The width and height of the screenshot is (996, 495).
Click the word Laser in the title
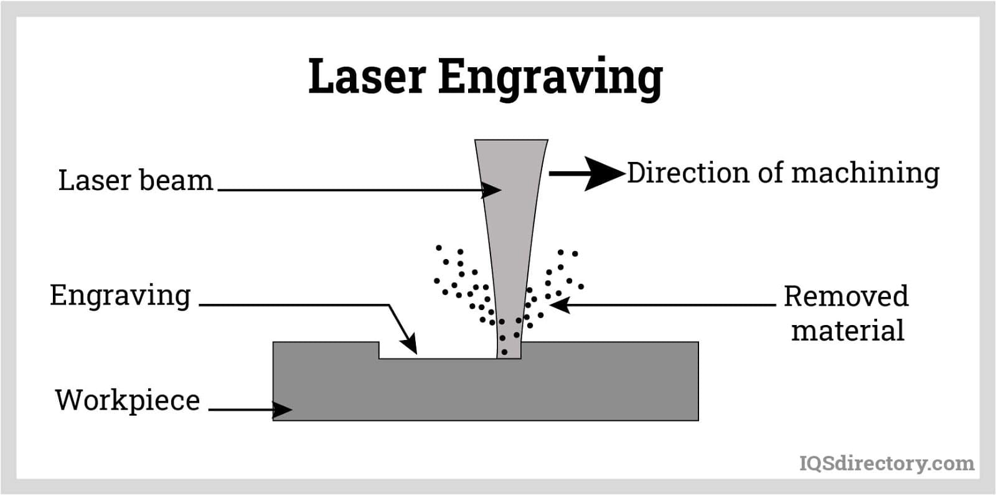(367, 77)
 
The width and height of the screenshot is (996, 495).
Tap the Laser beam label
(135, 181)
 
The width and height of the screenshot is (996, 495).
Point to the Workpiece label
(127, 400)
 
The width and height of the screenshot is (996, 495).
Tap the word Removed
(846, 296)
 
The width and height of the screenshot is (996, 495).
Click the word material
(847, 331)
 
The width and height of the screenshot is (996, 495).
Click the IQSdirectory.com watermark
(886, 463)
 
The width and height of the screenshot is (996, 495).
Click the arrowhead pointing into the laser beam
(492, 190)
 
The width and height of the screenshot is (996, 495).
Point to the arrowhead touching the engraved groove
(409, 344)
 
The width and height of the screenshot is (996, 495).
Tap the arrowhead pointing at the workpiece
(283, 409)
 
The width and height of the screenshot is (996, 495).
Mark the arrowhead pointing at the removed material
(560, 304)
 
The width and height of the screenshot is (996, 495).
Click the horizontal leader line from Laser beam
(349, 190)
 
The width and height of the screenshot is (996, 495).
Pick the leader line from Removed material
(672, 304)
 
